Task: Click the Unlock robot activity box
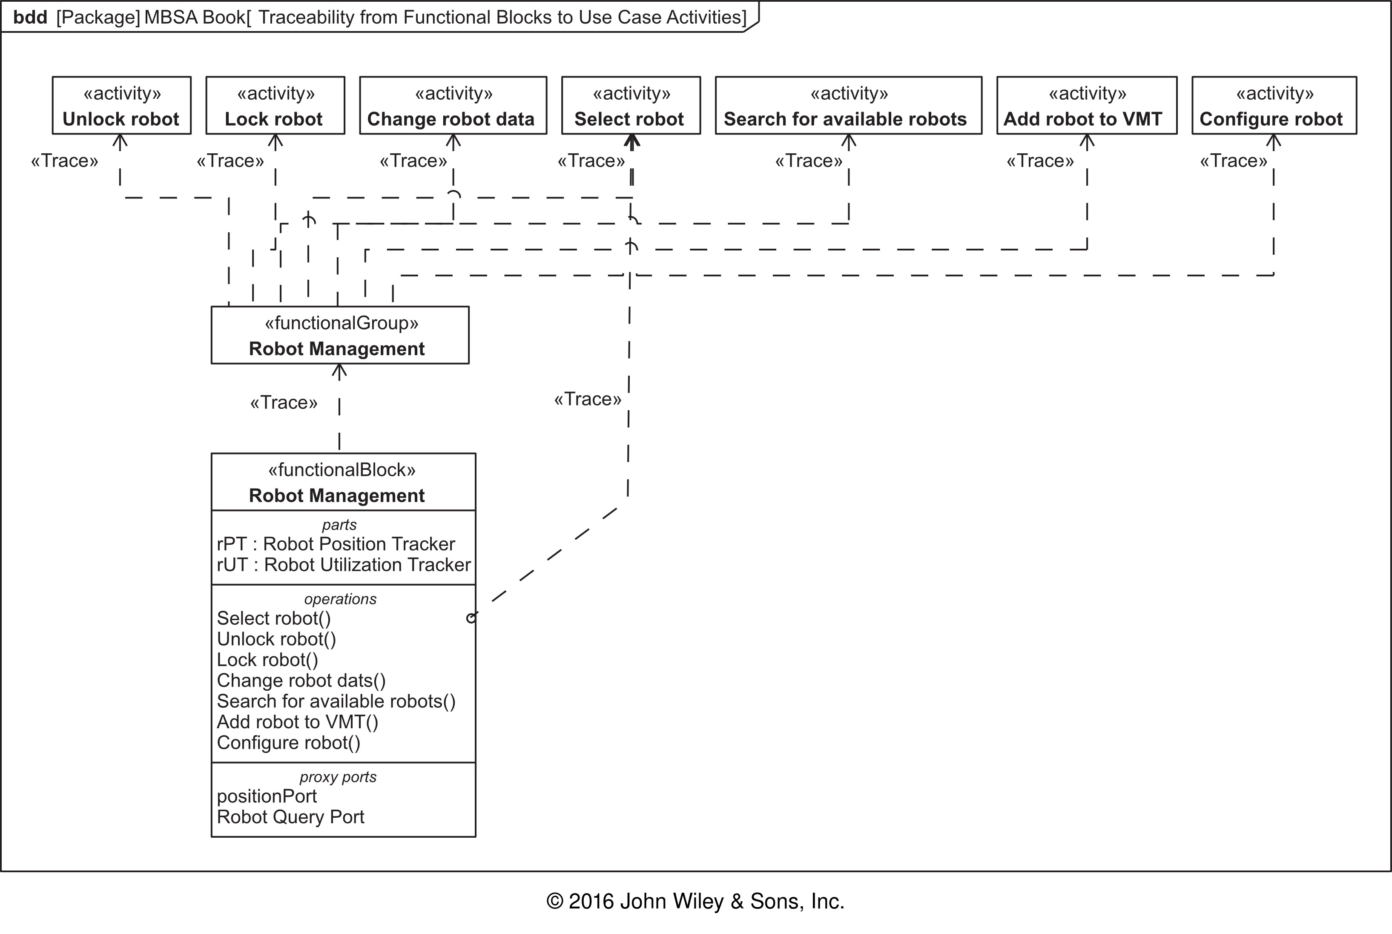coord(121,106)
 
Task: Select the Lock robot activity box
coord(275,106)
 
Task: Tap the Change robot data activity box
coord(453,106)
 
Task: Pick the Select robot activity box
coord(631,106)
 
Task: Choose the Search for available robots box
coord(848,106)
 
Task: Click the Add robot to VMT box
coord(1087,106)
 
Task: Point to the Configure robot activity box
coord(1274,106)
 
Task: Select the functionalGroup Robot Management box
coord(340,335)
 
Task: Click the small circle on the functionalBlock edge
coord(471,618)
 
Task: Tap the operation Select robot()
coord(274,618)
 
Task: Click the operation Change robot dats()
coord(301,680)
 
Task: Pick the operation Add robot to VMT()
coord(298,722)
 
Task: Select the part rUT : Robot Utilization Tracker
coord(344,565)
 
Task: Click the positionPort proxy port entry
coord(267,796)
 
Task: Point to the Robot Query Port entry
coord(290,817)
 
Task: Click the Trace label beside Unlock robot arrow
coord(64,161)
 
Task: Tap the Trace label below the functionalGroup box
coord(284,402)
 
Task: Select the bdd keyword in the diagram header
coord(30,17)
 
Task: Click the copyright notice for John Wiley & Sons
coord(695,901)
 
